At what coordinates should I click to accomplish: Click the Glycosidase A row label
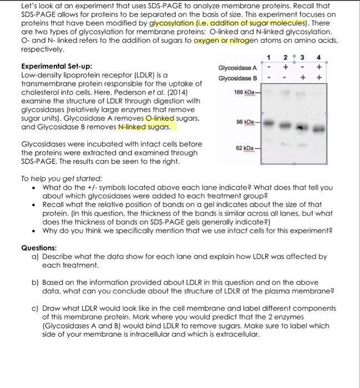point(237,68)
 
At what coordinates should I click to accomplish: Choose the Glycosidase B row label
point(237,78)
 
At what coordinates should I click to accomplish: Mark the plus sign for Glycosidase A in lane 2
point(286,68)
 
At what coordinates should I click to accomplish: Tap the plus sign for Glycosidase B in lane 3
point(302,78)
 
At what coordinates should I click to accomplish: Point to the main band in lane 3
point(302,127)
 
